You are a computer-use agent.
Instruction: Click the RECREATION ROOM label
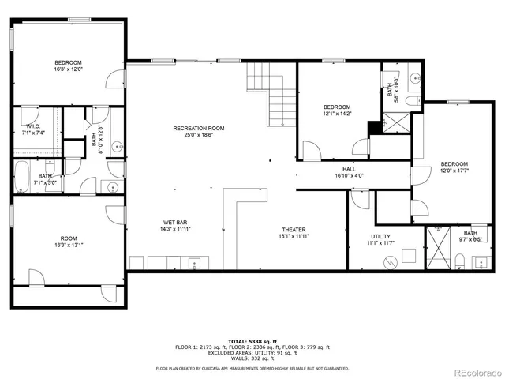point(199,128)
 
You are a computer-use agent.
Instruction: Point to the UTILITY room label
point(381,237)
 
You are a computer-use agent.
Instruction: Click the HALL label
point(349,169)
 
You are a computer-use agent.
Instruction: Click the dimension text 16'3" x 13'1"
point(69,245)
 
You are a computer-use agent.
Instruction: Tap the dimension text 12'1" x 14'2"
point(337,113)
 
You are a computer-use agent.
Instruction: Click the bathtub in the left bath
point(22,176)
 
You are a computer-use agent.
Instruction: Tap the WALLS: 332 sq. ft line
point(252,358)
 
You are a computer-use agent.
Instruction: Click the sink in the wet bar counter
point(194,264)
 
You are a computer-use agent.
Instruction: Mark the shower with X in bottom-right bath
point(436,239)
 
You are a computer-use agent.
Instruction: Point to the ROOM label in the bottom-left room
point(69,238)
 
